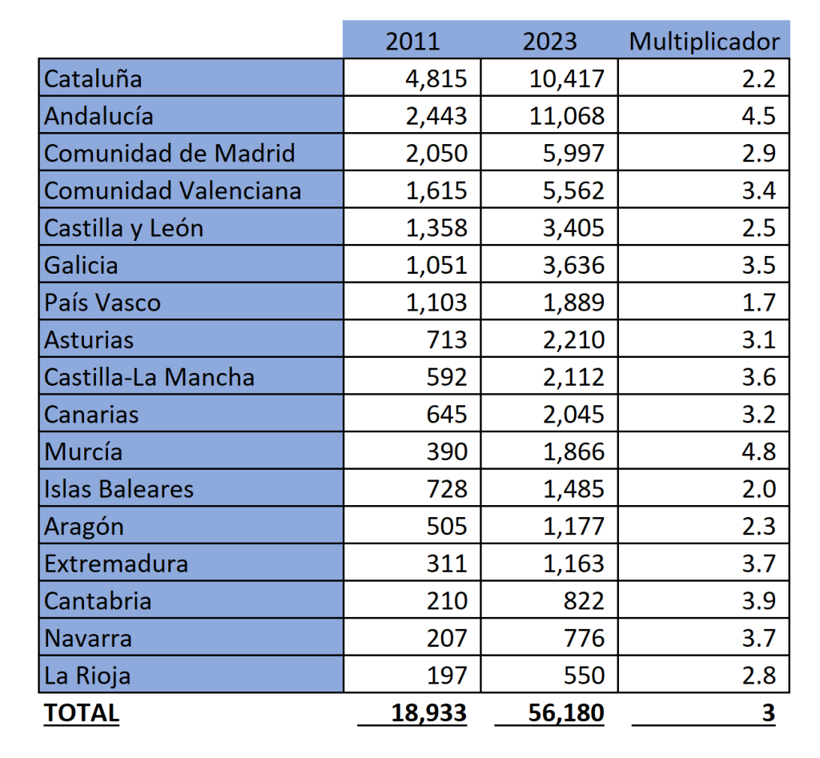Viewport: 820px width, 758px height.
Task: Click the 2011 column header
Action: coord(412,41)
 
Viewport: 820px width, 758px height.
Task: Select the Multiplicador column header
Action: coord(704,41)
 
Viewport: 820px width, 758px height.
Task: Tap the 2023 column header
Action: coord(549,41)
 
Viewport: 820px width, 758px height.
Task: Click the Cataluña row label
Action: coord(93,78)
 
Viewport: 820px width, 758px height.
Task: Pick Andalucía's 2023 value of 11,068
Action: coord(567,116)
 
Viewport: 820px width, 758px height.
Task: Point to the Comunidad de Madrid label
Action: coord(170,153)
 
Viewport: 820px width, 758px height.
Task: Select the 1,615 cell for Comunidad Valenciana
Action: coord(436,191)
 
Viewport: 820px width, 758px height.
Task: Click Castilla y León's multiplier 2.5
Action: coord(758,228)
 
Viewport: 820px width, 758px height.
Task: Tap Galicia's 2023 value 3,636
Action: coord(573,265)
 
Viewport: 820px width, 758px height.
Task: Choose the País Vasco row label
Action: coord(102,303)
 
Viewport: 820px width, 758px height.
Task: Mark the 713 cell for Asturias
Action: coord(447,340)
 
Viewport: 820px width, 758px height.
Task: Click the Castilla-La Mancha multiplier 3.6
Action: coord(758,377)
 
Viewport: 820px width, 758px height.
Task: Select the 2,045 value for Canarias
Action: coord(573,415)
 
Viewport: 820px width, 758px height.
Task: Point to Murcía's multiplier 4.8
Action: coord(758,451)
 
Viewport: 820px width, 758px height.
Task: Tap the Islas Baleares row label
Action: coord(119,489)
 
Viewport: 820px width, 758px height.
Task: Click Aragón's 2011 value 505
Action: coord(447,527)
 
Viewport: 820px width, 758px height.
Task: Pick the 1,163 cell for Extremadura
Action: coord(573,563)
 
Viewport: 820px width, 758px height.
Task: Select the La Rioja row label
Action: coord(87,676)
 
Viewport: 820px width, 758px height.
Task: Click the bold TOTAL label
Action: coord(82,712)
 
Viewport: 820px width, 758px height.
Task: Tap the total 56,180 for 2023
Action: coord(566,712)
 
